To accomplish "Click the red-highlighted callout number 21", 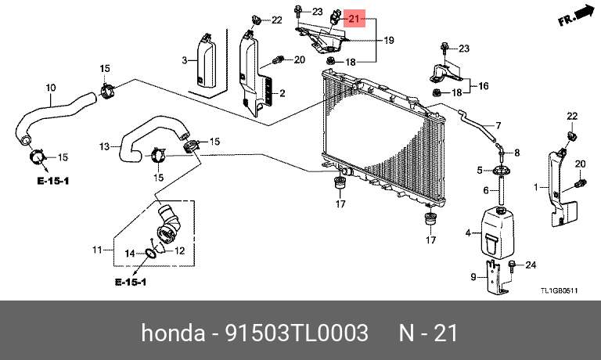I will click(x=354, y=18).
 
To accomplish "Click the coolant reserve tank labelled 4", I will click(x=492, y=232).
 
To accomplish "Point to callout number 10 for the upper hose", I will click(x=51, y=87).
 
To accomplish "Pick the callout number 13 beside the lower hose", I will click(x=105, y=146).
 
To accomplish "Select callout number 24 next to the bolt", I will click(x=529, y=265).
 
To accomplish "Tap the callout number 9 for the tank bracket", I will click(x=473, y=276).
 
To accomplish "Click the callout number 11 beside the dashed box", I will click(x=97, y=250).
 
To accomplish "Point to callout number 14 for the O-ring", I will click(x=131, y=252).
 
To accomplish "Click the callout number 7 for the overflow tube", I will click(x=496, y=124).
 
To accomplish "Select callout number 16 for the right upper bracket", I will click(x=483, y=85).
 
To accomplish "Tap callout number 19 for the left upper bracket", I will click(x=388, y=39).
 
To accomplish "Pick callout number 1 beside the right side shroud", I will click(x=537, y=187).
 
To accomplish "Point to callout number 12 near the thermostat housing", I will click(x=178, y=251).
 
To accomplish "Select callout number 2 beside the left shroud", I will click(x=281, y=94).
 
